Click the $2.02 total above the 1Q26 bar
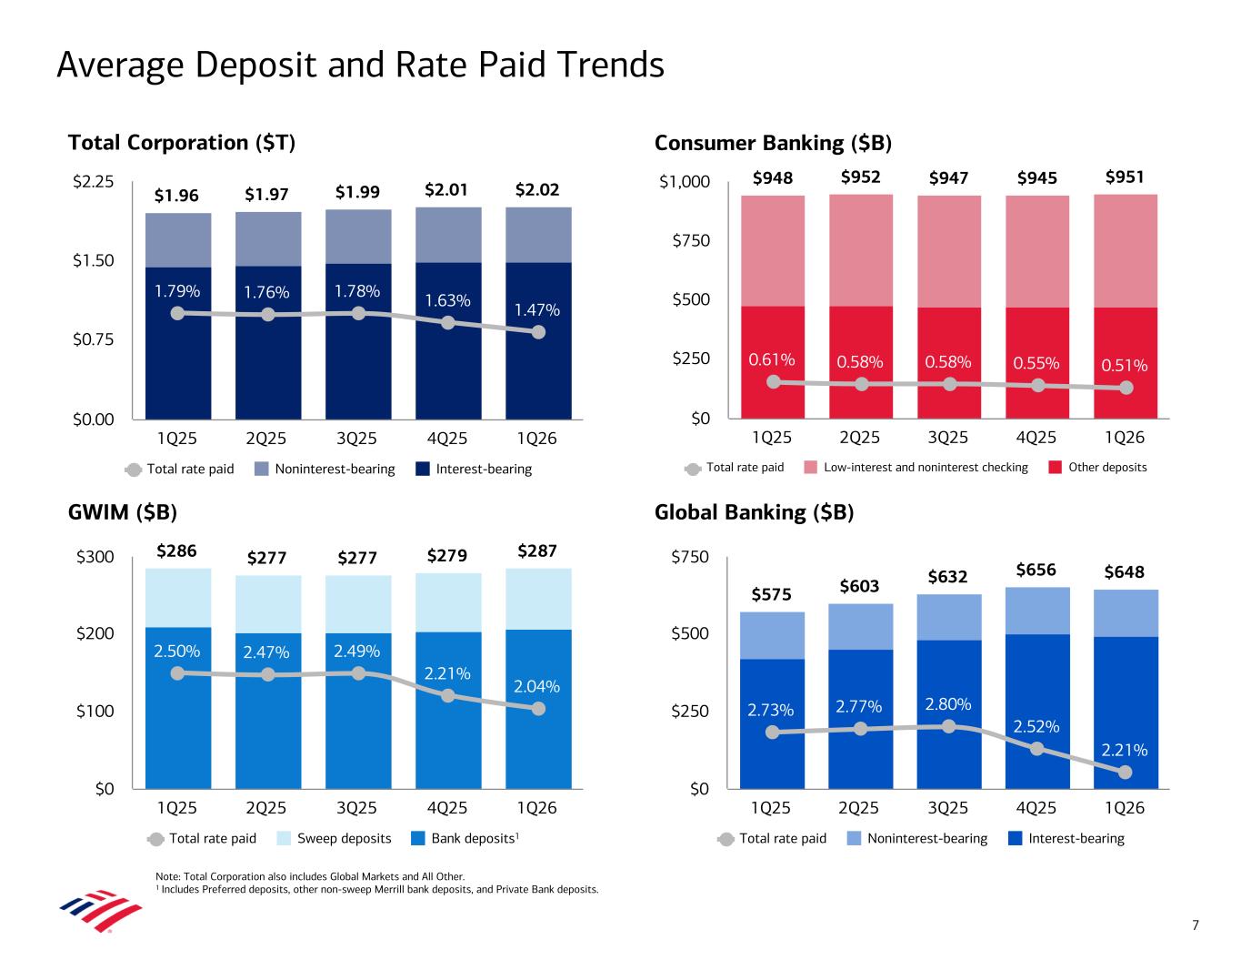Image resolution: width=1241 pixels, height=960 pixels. coord(537,191)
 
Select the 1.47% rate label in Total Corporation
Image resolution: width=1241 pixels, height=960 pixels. coord(537,310)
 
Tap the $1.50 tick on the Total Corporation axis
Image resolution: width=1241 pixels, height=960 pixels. coord(93,261)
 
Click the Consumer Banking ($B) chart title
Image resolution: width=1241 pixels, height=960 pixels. coord(773,144)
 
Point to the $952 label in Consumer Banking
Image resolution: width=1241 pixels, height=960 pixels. coord(860,177)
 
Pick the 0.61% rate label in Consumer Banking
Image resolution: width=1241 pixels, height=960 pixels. coord(772,359)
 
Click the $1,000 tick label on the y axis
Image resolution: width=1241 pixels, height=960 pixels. coord(685,183)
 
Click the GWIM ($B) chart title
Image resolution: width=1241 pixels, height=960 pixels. coord(123,512)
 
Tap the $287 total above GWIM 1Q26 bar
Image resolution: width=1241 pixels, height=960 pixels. coord(537,551)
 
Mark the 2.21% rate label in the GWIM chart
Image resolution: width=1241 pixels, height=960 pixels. coord(447,674)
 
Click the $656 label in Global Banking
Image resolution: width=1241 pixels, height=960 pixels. coord(1036,571)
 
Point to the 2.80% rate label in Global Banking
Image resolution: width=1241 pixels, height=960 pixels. coord(948,704)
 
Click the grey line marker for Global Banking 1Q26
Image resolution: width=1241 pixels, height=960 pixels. coord(1126,773)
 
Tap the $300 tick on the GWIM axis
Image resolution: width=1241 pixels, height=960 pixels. coord(95,557)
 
